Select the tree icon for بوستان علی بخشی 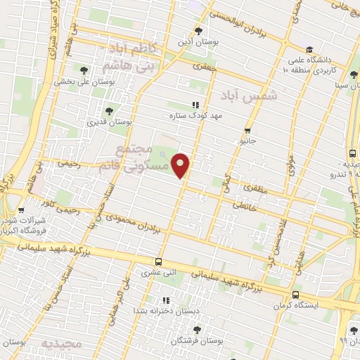pyautogui.click(x=84, y=70)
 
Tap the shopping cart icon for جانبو pyautogui.click(x=247, y=131)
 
